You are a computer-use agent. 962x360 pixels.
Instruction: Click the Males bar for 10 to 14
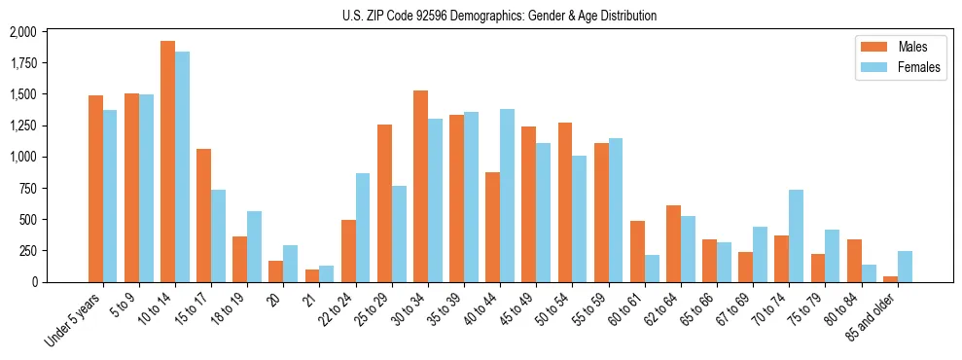[167, 162]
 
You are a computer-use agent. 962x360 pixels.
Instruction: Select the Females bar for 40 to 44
[507, 196]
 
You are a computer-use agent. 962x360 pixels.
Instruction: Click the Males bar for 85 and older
[890, 279]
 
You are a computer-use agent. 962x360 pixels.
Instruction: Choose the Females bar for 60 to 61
[651, 269]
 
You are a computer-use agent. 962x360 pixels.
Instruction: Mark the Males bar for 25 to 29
[384, 203]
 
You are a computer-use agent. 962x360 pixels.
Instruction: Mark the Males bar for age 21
[312, 275]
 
